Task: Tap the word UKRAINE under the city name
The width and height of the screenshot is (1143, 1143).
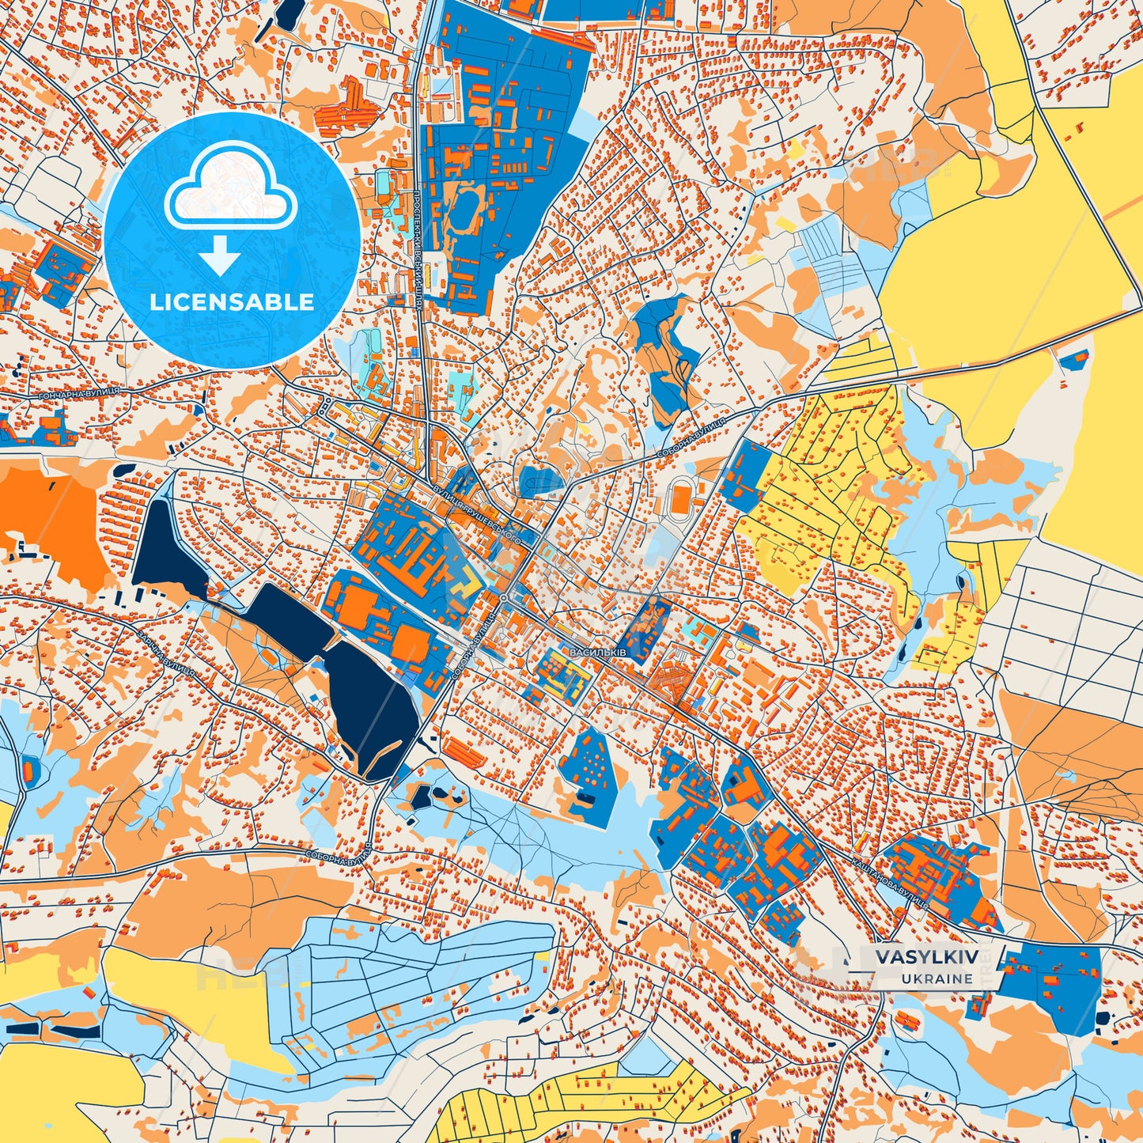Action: coord(936,978)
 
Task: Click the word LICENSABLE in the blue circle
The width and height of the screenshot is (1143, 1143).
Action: coord(232,302)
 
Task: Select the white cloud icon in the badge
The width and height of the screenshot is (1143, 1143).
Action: coord(230,186)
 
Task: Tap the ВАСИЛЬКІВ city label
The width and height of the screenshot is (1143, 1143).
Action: coord(597,653)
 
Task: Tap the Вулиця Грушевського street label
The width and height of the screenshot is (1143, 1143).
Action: coord(475,513)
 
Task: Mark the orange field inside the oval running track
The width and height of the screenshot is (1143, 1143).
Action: coord(679,499)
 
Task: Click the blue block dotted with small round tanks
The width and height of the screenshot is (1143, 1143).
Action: coord(590,772)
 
